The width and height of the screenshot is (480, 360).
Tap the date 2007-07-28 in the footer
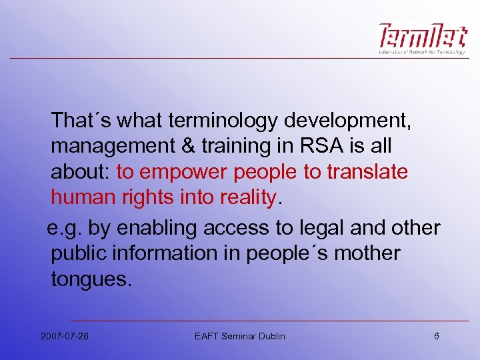(x=65, y=336)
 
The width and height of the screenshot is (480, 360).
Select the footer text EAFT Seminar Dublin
(x=239, y=336)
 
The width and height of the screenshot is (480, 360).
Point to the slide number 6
(x=437, y=336)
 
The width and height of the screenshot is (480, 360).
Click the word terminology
(x=223, y=121)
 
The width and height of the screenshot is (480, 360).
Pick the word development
(x=348, y=121)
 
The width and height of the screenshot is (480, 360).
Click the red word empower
(x=183, y=172)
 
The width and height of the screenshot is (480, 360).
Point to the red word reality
(x=244, y=197)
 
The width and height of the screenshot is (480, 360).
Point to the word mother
(x=367, y=254)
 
